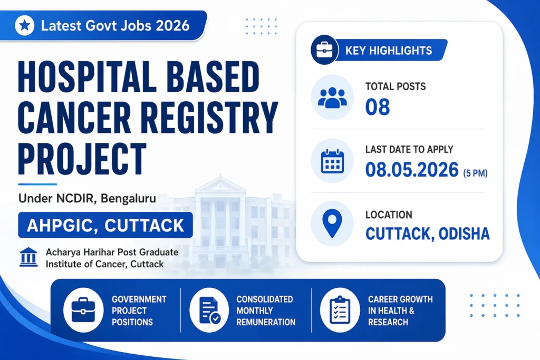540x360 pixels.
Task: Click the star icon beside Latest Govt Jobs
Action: [x=25, y=25]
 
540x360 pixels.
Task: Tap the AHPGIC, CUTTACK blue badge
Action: [x=105, y=225]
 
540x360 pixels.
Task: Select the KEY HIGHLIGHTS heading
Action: [x=389, y=51]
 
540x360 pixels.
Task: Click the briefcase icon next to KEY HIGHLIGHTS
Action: [x=324, y=51]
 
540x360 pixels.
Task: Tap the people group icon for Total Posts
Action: [x=333, y=98]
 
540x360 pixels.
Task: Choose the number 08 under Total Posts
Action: [x=378, y=107]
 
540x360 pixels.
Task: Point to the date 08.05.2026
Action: [x=412, y=169]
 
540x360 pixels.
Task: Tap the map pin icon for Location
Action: [x=333, y=223]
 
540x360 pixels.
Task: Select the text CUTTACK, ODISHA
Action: [x=427, y=233]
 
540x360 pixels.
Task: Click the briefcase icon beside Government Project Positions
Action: [x=83, y=310]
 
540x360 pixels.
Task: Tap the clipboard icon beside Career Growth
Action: [x=339, y=310]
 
